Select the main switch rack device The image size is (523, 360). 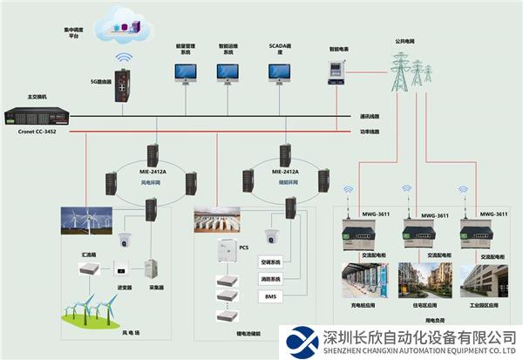(33, 115)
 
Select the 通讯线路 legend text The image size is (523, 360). (370, 115)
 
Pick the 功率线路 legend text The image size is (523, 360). (370, 132)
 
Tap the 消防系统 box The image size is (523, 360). (270, 280)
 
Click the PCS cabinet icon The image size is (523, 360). (228, 252)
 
